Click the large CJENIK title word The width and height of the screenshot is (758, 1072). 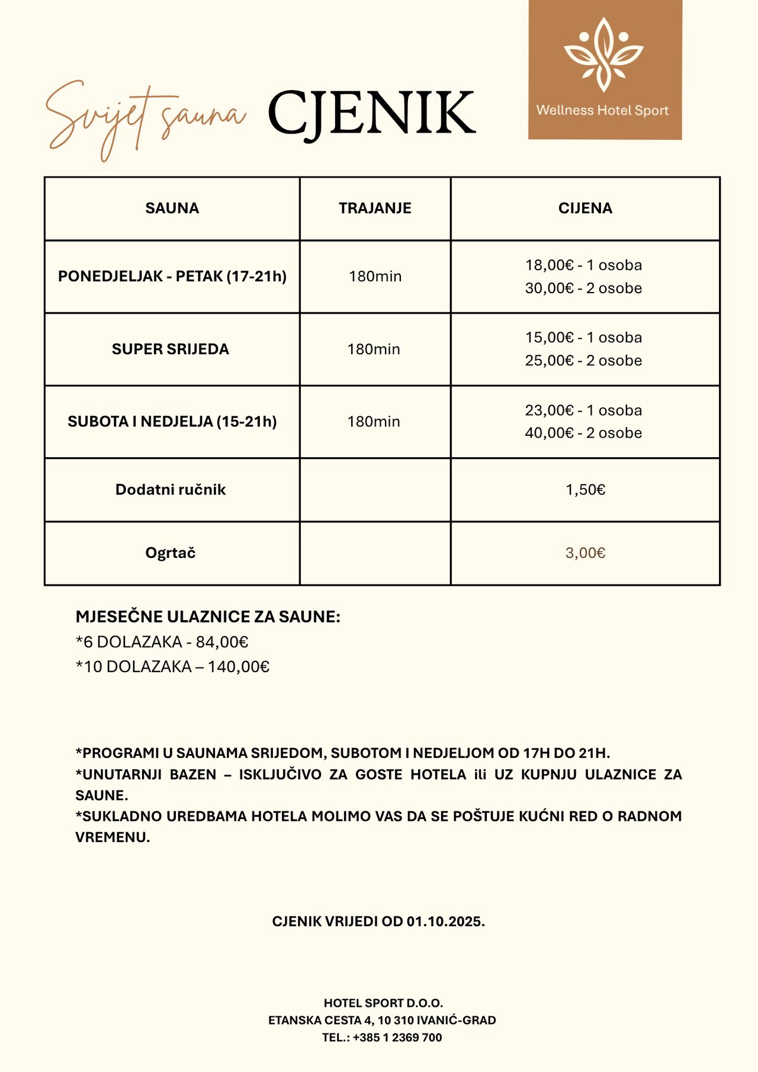pos(371,113)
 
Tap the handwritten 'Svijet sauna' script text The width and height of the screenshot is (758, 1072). pos(145,115)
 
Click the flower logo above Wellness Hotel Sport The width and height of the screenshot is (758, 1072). pos(603,54)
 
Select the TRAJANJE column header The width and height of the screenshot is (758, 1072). pos(375,208)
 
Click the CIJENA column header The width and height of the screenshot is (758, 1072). pos(585,208)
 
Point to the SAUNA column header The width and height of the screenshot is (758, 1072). pos(172,208)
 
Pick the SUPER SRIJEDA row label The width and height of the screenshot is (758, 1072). pos(171,349)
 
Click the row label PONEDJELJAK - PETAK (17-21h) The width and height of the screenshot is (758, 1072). pos(172,276)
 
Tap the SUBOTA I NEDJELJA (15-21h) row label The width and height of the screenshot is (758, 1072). pos(172,421)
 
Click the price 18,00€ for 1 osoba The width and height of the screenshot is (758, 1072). pos(549,265)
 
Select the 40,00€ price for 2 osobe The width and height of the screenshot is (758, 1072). pos(549,433)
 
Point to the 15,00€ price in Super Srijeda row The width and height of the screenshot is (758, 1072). pos(549,338)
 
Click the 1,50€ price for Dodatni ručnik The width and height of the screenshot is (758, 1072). pos(585,489)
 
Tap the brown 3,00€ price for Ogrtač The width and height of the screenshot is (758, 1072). pos(585,553)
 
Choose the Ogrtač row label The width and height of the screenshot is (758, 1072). pos(171,553)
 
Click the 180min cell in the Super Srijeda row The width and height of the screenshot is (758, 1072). pos(374,349)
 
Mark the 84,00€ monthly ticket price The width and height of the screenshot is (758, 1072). pos(222,642)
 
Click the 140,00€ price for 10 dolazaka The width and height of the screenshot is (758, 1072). pos(239,667)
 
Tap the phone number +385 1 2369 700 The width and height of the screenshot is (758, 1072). pos(397,1037)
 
